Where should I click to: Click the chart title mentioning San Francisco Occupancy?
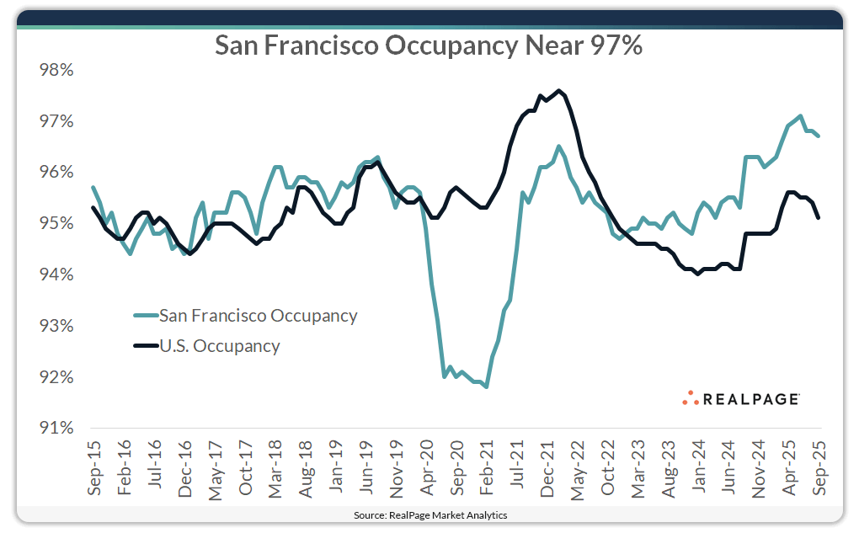pyautogui.click(x=429, y=45)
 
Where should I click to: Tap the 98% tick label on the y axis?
pyautogui.click(x=56, y=70)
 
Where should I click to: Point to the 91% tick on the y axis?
pyautogui.click(x=56, y=428)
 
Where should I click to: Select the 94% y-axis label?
pyautogui.click(x=56, y=274)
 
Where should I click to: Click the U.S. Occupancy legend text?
pyautogui.click(x=219, y=345)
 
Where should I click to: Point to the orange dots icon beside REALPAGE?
pyautogui.click(x=691, y=397)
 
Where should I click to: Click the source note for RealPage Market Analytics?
pyautogui.click(x=429, y=514)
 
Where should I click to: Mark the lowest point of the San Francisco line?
pyautogui.click(x=487, y=386)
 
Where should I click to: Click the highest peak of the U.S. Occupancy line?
pyautogui.click(x=558, y=90)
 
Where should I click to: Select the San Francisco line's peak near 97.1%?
pyautogui.click(x=800, y=116)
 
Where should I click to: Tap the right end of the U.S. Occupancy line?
pyautogui.click(x=819, y=218)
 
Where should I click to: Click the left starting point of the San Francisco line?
pyautogui.click(x=93, y=187)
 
